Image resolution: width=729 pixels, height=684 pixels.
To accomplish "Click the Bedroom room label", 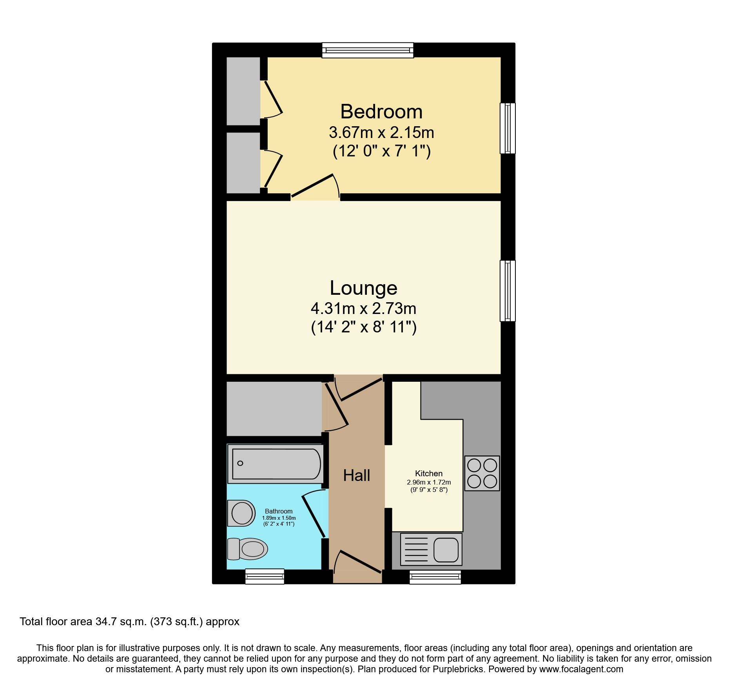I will pos(381,112).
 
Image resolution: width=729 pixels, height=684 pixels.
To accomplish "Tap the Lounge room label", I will pos(363,288).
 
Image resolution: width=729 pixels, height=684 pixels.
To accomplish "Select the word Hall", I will pos(356,475).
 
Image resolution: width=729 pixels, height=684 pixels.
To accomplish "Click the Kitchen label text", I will pos(429,474).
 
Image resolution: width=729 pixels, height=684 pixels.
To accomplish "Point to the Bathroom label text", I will pos(279,511).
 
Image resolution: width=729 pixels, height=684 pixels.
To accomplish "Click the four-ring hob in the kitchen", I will pos(482,473).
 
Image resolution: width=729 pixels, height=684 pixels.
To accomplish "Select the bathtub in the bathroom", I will pos(276,464).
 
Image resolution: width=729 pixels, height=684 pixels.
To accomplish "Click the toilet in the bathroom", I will pos(248,548).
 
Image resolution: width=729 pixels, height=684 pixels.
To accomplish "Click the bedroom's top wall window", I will pos(368,50).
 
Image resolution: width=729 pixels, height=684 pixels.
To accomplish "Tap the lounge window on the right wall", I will pos(508,291).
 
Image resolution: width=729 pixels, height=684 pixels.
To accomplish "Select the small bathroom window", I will pos(265,576).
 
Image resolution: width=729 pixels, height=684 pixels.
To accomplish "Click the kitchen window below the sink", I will pos(435,577).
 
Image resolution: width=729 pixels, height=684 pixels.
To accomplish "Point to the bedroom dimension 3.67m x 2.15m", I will pos(381,132).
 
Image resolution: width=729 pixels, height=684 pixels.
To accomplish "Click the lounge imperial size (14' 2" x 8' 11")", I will pos(363,327).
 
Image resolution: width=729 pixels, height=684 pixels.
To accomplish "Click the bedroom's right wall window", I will pos(508,128).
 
